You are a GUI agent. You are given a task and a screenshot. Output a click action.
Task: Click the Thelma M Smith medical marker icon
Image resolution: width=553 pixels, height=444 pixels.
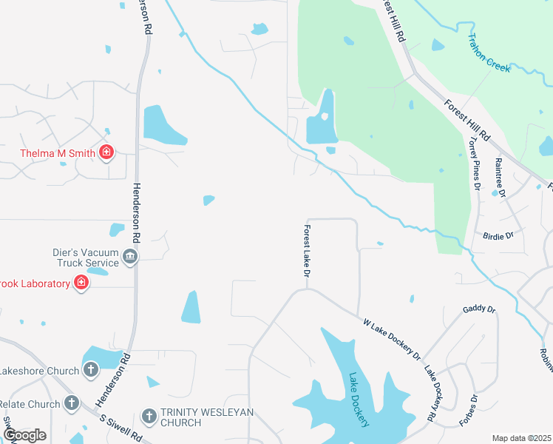[106, 153]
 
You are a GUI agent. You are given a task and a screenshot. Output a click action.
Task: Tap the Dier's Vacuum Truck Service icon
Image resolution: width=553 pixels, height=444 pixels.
[129, 256]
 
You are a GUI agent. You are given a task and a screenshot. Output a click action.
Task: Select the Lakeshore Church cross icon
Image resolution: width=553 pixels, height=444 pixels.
[91, 369]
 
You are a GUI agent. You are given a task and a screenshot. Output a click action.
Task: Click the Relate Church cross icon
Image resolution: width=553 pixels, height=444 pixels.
[71, 403]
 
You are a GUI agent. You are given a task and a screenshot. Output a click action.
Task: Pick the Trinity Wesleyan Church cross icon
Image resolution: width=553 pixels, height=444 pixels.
[149, 416]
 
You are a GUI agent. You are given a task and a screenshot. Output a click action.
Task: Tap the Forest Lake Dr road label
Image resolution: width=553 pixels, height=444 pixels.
[306, 252]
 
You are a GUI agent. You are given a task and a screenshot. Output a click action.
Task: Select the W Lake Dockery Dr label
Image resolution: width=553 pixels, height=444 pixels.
[392, 339]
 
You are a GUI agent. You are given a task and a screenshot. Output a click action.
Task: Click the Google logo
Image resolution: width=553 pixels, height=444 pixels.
[24, 435]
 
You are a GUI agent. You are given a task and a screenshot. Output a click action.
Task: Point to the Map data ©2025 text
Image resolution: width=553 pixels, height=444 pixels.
[521, 438]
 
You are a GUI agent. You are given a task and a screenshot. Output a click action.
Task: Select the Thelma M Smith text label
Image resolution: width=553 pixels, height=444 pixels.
[58, 154]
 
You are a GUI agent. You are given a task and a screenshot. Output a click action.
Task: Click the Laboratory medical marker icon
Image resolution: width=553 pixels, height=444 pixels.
[81, 283]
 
